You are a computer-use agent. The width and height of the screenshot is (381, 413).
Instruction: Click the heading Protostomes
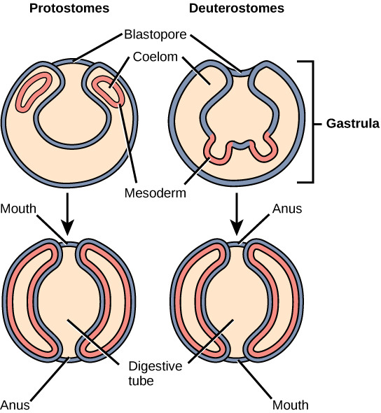[69, 8]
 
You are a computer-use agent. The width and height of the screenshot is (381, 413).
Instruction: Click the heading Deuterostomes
[236, 8]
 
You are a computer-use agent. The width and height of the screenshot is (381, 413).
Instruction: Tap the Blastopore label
[155, 34]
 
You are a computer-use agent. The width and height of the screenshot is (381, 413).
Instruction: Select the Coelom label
[155, 57]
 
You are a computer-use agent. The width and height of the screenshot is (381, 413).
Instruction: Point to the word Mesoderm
[155, 193]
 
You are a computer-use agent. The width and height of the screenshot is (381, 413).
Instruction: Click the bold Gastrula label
[353, 123]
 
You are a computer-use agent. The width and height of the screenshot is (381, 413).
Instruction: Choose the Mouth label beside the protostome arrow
[18, 209]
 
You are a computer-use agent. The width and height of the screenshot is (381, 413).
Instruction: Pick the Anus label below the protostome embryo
[15, 405]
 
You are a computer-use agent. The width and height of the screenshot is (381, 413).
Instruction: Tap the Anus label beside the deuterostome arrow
[287, 209]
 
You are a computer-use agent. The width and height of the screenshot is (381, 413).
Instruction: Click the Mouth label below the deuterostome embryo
[291, 405]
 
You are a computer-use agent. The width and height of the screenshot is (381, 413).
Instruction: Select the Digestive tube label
[155, 374]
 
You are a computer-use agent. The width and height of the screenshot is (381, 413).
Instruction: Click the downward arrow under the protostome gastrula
[68, 214]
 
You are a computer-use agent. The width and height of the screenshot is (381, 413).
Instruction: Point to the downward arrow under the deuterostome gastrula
[237, 214]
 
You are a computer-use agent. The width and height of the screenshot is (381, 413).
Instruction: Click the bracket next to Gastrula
[313, 121]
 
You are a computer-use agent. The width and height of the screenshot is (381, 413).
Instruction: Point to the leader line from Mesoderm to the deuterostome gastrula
[197, 171]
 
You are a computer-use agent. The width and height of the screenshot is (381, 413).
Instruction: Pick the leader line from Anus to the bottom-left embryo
[50, 379]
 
